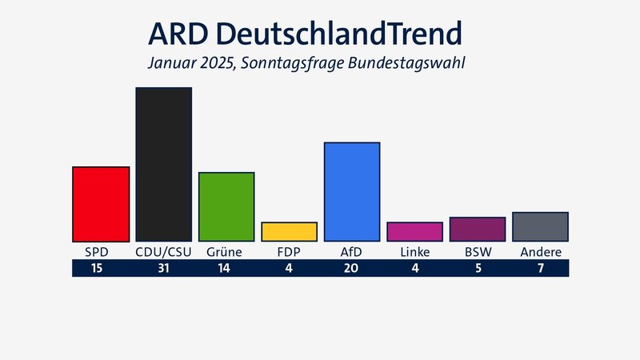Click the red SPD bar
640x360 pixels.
(x=101, y=204)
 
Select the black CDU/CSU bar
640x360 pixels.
(x=163, y=164)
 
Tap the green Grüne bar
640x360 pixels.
(x=226, y=206)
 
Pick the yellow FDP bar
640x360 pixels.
(x=289, y=232)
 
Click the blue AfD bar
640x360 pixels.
(x=352, y=192)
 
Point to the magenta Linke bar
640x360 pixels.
(x=414, y=232)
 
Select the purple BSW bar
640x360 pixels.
(x=478, y=230)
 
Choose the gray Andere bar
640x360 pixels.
(x=541, y=227)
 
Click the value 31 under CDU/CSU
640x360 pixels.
(x=163, y=269)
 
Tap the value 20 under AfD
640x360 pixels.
(x=352, y=269)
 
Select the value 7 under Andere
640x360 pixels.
(x=541, y=269)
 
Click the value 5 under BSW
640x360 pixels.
(x=478, y=269)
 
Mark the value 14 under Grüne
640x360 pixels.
(x=226, y=269)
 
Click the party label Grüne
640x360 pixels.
(x=226, y=252)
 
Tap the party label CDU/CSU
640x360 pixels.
(x=163, y=252)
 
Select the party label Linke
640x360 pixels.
(x=414, y=252)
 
